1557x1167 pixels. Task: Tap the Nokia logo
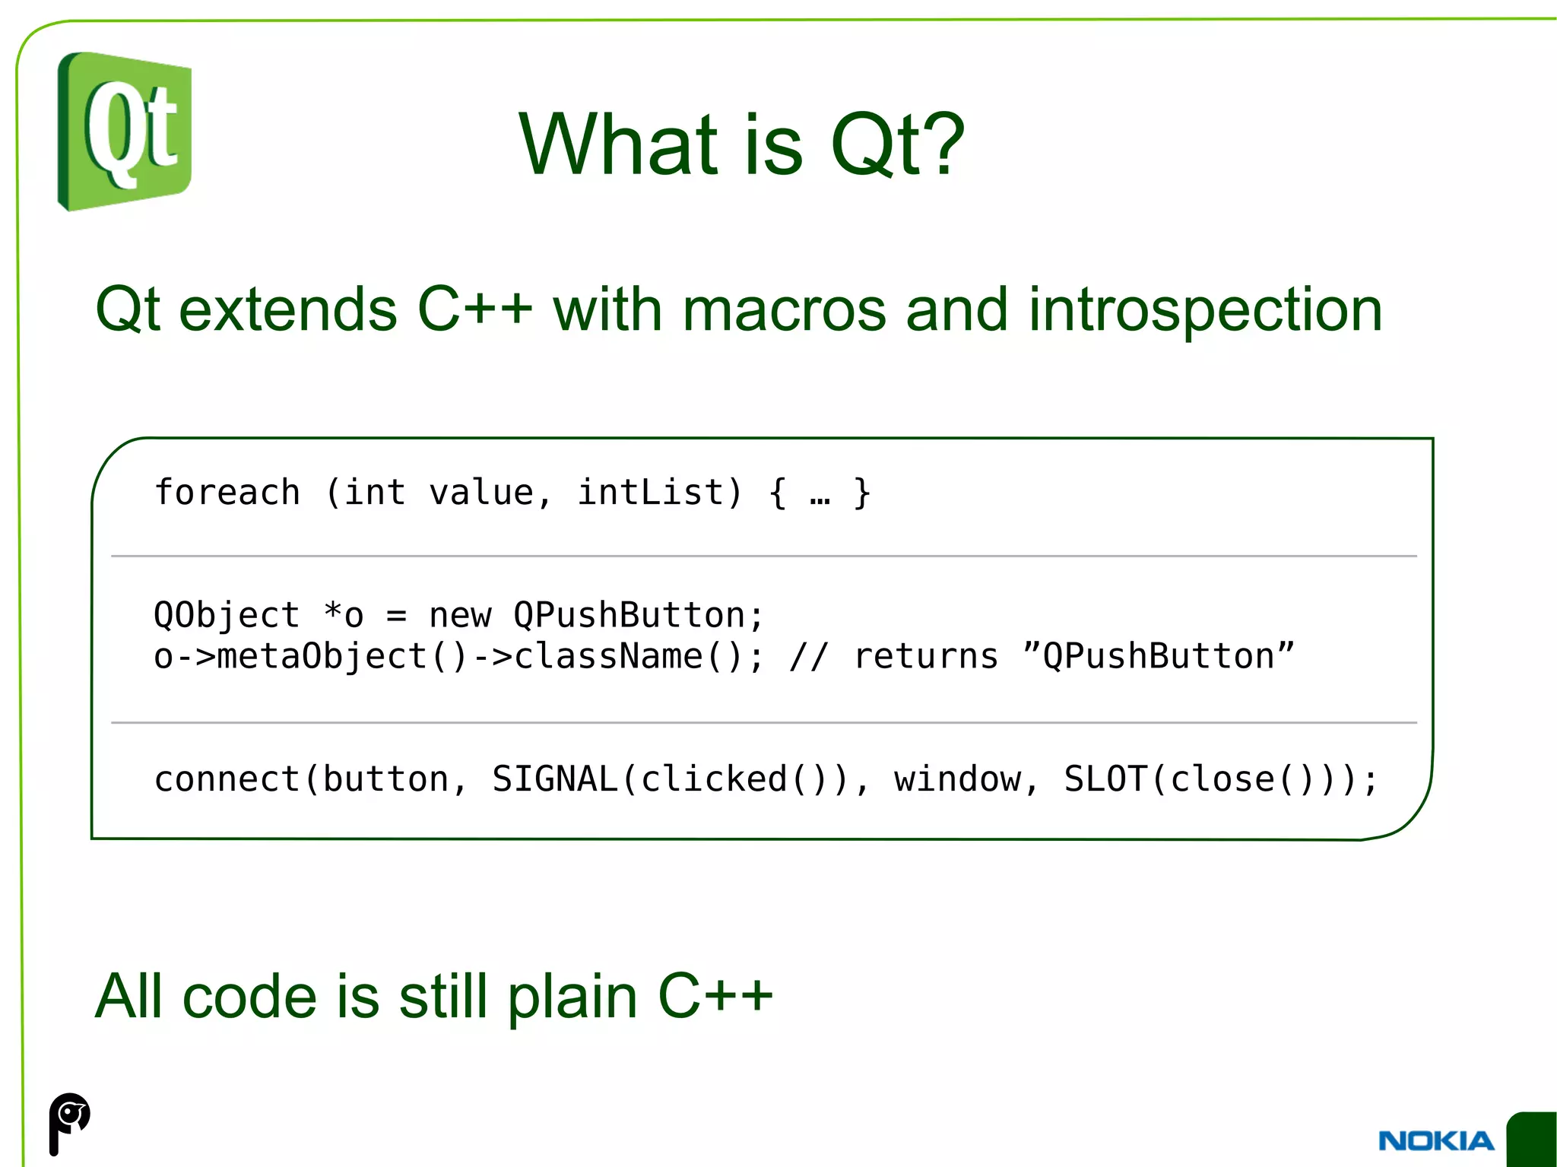point(1436,1140)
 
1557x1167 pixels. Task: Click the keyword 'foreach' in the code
point(227,492)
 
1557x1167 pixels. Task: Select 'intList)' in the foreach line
point(659,492)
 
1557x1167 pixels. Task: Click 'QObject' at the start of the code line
point(227,615)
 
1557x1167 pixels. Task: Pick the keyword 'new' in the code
point(460,615)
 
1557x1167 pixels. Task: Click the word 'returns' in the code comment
point(925,656)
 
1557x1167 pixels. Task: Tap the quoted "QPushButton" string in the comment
point(1158,656)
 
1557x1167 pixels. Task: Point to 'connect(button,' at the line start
point(310,779)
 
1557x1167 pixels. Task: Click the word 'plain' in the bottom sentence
point(572,997)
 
